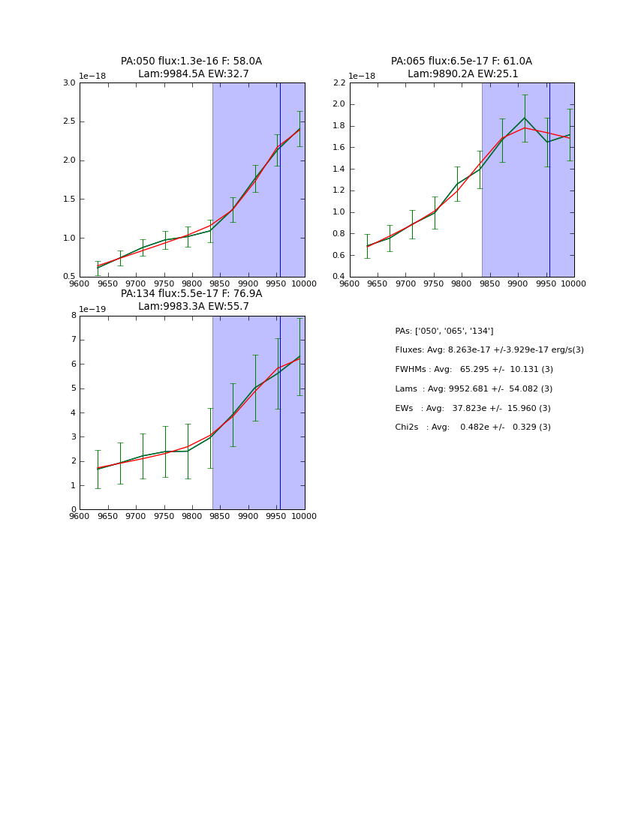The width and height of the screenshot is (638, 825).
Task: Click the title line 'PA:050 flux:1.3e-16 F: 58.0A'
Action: click(191, 61)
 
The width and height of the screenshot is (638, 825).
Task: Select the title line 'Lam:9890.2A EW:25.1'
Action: click(461, 74)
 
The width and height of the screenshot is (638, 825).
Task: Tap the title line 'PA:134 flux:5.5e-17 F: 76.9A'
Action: click(191, 294)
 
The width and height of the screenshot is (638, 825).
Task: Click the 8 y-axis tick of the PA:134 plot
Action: click(74, 316)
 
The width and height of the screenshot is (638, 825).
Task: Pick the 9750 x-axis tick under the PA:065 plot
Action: click(434, 284)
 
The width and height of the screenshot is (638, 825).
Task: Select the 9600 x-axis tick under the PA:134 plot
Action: click(80, 517)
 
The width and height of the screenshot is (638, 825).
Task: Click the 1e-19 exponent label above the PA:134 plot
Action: click(92, 309)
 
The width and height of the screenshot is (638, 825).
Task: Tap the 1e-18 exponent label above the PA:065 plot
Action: click(362, 76)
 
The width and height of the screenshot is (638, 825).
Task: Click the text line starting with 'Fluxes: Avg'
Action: click(489, 350)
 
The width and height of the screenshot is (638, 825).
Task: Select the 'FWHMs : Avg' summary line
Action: click(474, 370)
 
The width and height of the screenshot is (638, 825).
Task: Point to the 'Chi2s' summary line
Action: click(472, 427)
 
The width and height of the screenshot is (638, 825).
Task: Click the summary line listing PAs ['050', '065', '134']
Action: click(444, 331)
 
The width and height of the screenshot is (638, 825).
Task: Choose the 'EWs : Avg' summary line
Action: click(472, 409)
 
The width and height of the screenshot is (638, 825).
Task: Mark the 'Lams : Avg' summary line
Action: click(474, 389)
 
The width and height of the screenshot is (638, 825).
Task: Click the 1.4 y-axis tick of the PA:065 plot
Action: click(339, 169)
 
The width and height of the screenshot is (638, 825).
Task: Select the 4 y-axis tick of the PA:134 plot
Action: click(74, 412)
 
